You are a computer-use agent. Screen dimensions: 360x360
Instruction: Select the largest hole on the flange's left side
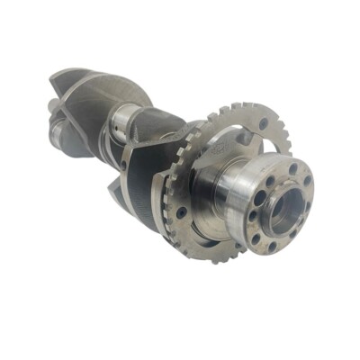[x=261, y=199]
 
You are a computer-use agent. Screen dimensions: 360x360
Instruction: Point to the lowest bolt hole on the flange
[x=272, y=245]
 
